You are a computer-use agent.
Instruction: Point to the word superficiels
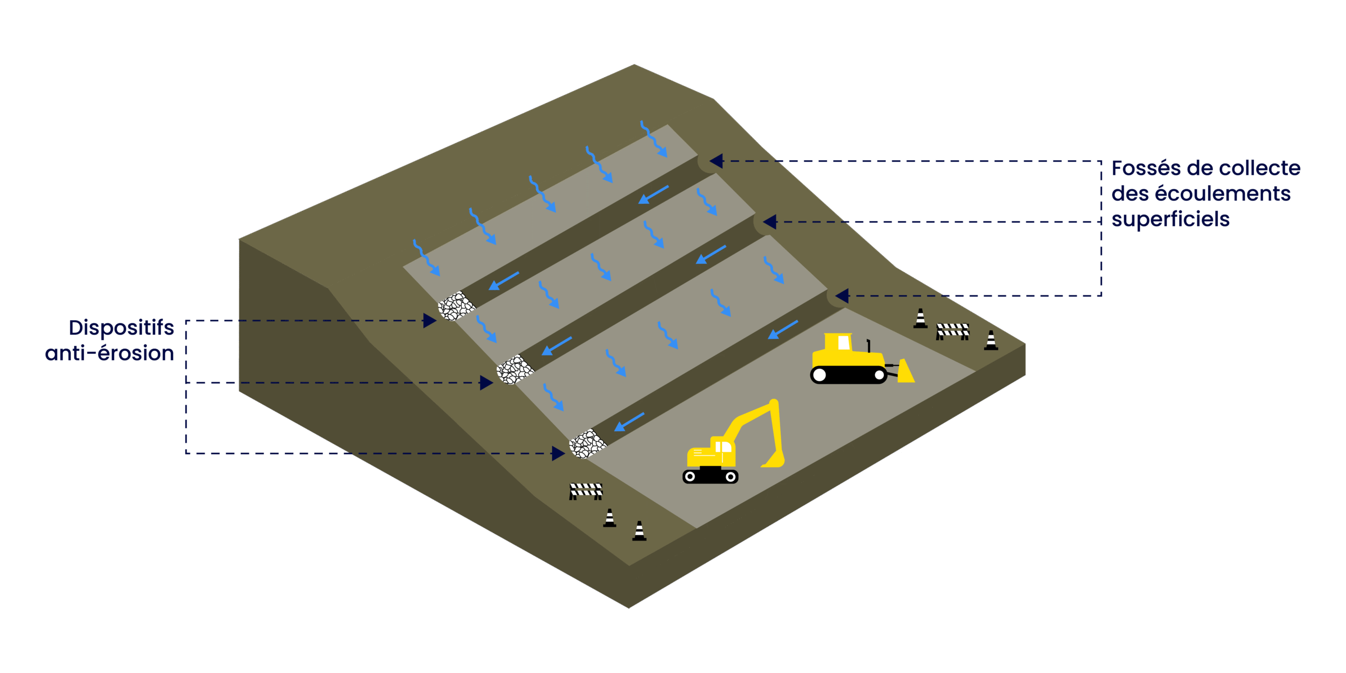(x=1170, y=220)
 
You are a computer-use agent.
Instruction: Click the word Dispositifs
(x=121, y=328)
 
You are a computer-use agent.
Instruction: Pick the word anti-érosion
(x=109, y=353)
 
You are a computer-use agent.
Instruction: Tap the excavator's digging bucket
(x=774, y=461)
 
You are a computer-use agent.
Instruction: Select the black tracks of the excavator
(x=710, y=476)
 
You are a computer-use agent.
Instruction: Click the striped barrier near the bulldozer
(x=952, y=331)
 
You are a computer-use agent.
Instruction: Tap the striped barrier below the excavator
(x=586, y=491)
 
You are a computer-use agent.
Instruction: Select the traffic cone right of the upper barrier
(x=991, y=341)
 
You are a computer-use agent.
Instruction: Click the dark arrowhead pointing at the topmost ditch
(x=716, y=161)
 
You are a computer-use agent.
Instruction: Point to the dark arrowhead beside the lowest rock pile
(x=558, y=453)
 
